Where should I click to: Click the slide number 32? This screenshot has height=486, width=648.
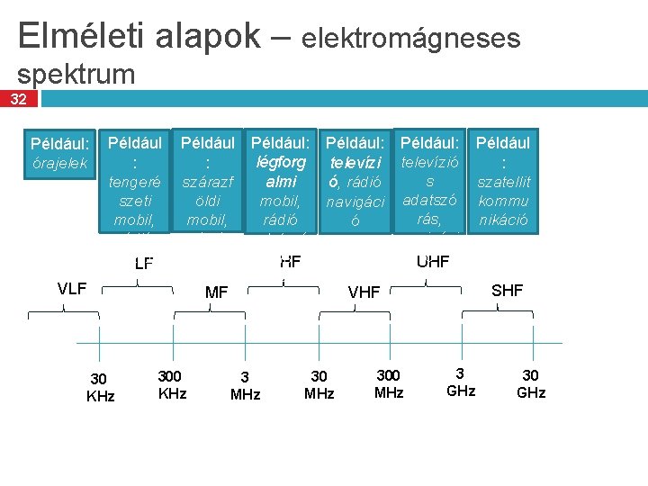18,99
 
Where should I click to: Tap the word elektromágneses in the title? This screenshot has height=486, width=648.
411,38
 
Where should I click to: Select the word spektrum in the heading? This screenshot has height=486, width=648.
76,74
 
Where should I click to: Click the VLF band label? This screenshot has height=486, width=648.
72,289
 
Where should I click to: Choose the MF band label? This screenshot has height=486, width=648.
217,292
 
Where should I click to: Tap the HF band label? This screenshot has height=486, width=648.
290,262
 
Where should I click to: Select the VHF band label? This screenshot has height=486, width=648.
364,292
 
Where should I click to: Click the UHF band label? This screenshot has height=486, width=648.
433,262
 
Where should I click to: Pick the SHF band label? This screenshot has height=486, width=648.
507,290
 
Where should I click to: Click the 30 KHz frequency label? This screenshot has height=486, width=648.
100,387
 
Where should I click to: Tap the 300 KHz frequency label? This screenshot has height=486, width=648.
172,384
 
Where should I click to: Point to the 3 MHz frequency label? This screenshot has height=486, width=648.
245,386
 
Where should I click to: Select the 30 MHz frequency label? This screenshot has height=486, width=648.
319,385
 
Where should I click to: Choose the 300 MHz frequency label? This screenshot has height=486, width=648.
389,383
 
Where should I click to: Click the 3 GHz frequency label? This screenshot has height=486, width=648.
460,382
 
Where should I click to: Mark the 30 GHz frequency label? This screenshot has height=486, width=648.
530,384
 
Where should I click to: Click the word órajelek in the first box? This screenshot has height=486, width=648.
59,164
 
